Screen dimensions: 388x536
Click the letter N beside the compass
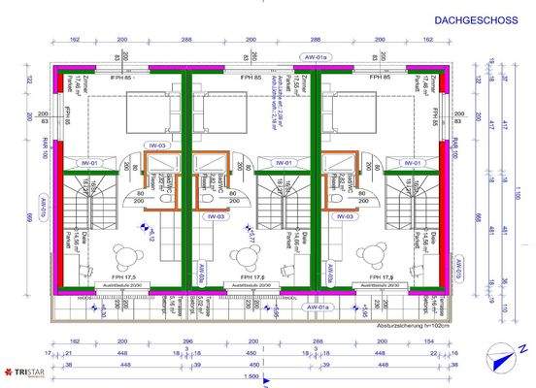521,347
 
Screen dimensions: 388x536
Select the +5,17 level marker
254,234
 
